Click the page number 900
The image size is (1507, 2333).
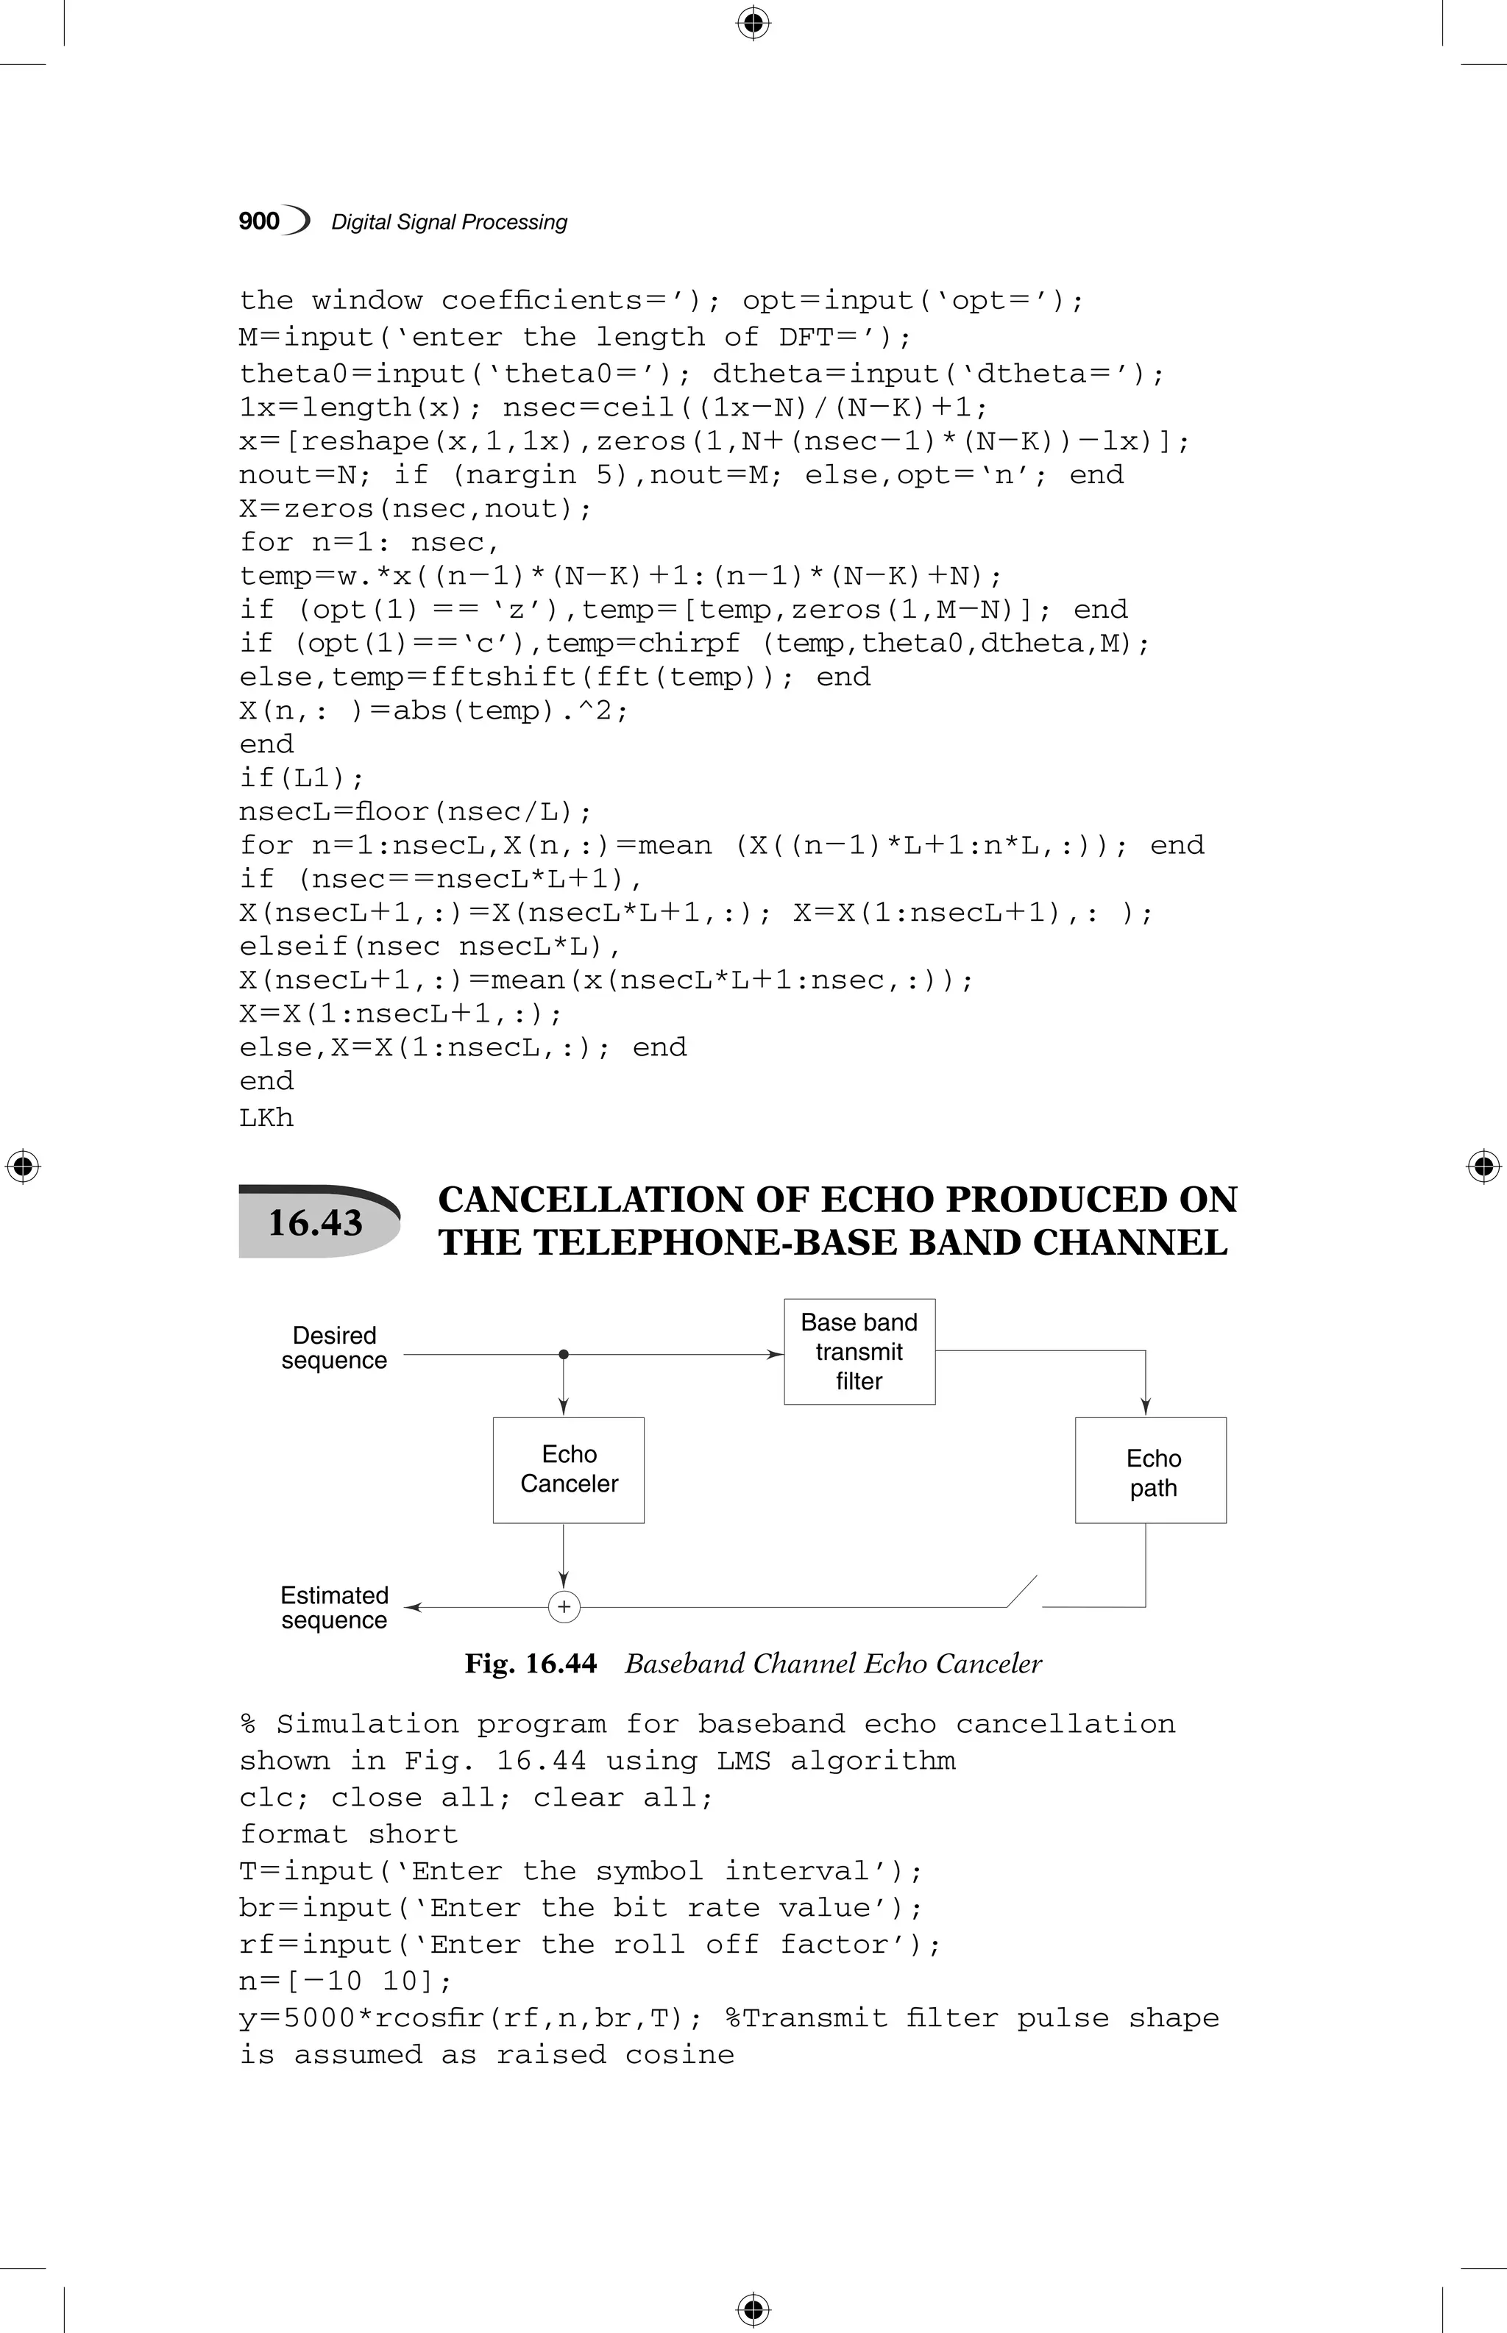(x=259, y=221)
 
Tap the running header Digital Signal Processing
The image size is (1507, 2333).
(x=449, y=222)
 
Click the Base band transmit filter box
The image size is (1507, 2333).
(x=859, y=1352)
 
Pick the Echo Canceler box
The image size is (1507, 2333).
(x=569, y=1470)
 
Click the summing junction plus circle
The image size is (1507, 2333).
(x=564, y=1607)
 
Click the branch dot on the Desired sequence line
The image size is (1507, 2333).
(x=564, y=1355)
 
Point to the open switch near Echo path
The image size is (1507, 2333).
(x=1023, y=1592)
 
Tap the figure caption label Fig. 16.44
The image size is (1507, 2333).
(x=531, y=1664)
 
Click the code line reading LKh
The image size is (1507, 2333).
(x=266, y=1117)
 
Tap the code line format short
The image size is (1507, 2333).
(x=348, y=1834)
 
